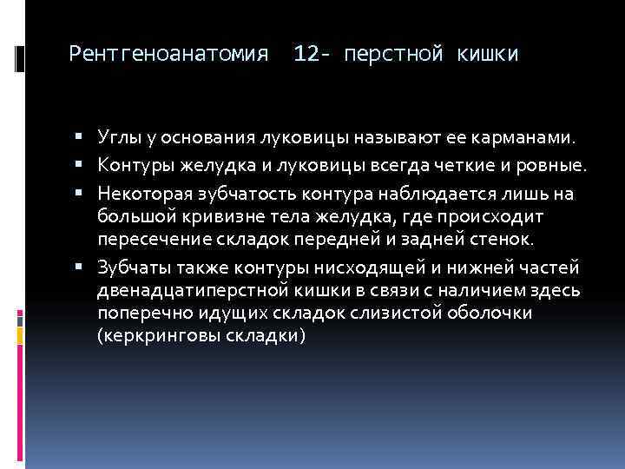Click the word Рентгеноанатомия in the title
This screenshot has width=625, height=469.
click(168, 55)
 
